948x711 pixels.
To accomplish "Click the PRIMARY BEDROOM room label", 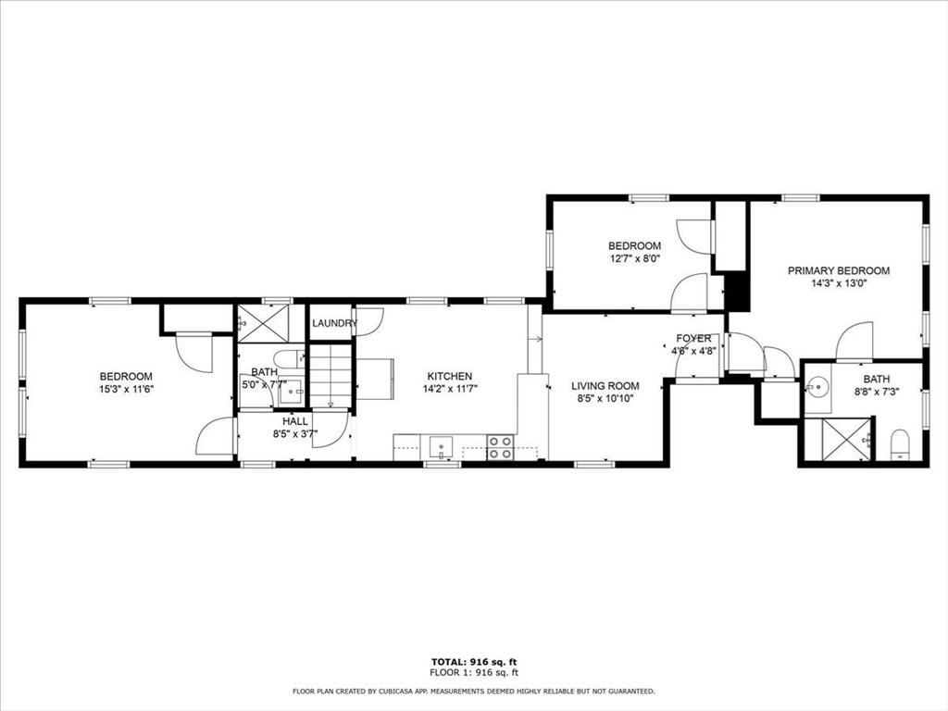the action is (839, 271).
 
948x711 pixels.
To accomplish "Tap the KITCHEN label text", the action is (450, 376).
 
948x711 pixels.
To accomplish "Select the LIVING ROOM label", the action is (605, 386).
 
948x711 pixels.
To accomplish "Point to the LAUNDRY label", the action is (334, 323).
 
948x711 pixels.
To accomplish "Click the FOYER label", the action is (693, 339).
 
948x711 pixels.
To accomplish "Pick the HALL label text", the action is (295, 421).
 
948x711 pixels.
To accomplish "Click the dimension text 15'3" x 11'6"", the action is (126, 390).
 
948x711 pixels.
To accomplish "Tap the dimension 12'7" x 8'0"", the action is (634, 259).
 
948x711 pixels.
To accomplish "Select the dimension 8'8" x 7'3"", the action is (877, 392).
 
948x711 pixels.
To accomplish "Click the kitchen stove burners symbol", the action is (500, 448).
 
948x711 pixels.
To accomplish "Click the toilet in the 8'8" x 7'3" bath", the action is (900, 444).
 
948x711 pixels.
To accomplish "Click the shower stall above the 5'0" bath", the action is (262, 323).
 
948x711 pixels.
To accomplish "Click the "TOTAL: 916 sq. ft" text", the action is (474, 662).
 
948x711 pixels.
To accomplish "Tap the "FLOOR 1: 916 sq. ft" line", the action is (474, 672).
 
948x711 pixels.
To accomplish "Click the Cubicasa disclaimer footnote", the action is (473, 691).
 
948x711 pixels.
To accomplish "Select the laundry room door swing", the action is (369, 318).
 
